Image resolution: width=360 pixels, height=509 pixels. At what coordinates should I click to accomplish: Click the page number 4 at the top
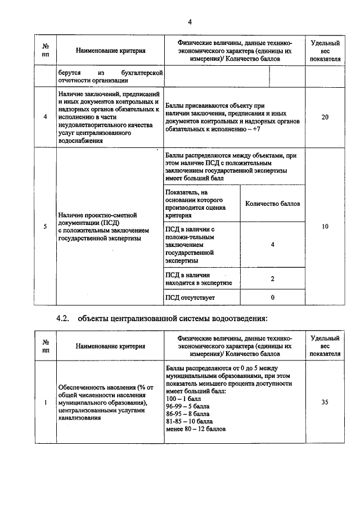click(x=190, y=22)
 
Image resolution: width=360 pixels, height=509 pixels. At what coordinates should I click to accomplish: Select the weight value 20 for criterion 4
click(x=325, y=117)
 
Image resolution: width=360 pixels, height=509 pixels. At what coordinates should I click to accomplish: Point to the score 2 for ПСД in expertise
click(x=272, y=279)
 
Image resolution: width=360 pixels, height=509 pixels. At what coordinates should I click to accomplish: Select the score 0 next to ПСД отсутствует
click(x=272, y=297)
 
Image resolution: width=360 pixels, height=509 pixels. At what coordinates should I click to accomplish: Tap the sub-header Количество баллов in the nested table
click(x=273, y=203)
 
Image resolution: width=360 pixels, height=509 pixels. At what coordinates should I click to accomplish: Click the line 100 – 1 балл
click(x=184, y=398)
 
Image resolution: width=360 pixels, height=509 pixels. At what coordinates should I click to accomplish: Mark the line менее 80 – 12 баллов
click(x=196, y=429)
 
